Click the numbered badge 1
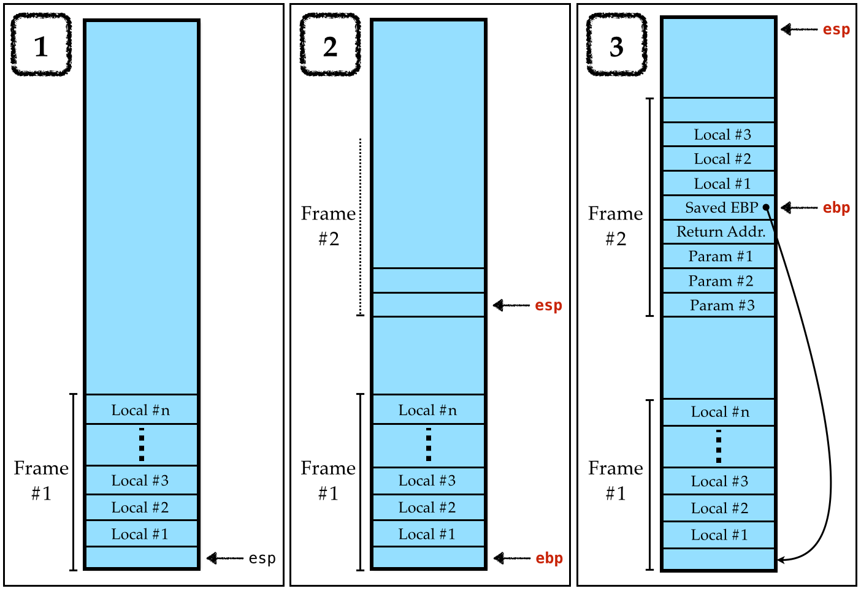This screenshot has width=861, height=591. click(41, 45)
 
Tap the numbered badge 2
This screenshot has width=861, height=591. click(330, 45)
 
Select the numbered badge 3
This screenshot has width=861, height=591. click(616, 45)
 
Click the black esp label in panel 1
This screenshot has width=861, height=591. click(262, 559)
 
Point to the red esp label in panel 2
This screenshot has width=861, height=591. click(548, 305)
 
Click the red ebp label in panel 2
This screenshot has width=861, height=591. click(549, 559)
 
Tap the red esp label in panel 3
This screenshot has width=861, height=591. click(836, 29)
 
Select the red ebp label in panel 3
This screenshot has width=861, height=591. click(836, 208)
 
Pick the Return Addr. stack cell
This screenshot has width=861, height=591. click(719, 232)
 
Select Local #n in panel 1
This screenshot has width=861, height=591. click(141, 410)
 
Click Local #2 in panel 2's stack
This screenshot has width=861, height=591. click(427, 508)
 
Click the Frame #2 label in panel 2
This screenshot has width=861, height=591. click(329, 226)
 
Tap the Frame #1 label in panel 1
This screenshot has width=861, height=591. click(41, 480)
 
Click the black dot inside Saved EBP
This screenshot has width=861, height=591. click(766, 207)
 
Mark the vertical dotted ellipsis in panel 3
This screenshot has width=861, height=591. click(718, 446)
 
